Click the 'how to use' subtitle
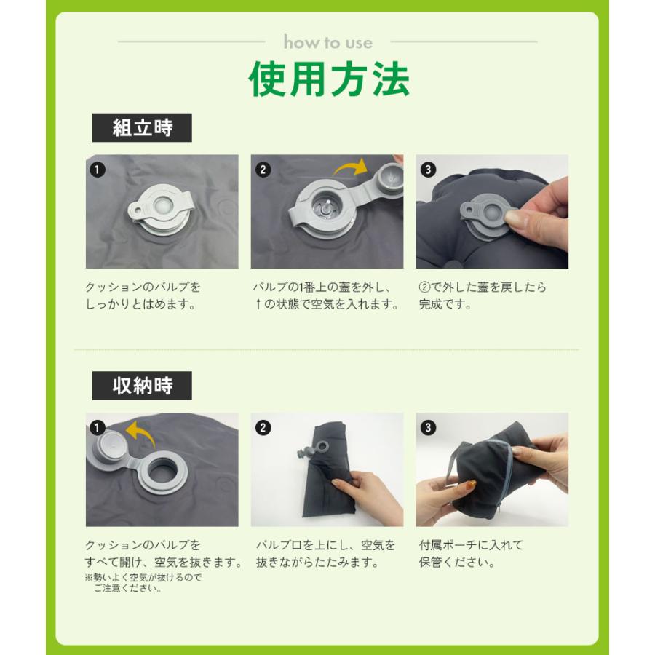pos(328,43)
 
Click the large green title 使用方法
pos(329,79)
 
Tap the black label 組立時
pos(142,128)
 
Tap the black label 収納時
pos(142,386)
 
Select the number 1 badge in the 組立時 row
pos(98,170)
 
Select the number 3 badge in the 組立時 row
pos(428,170)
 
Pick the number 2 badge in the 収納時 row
pos(263,428)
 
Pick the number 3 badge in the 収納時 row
pos(428,428)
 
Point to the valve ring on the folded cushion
pos(323,446)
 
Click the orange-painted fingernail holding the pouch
pos(470,484)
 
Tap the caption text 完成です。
pos(445,304)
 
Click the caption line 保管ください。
pos(457,563)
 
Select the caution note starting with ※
pos(143,583)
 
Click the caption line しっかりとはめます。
pos(140,304)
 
